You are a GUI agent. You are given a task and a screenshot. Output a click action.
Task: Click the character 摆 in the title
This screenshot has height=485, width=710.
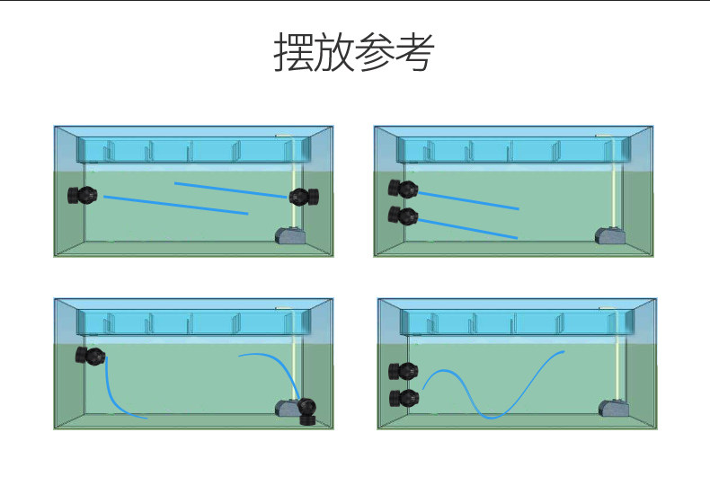tap(293, 54)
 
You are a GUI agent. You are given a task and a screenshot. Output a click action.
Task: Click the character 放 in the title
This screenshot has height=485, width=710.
tap(333, 54)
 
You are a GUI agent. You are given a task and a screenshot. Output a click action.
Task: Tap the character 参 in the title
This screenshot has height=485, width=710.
tap(374, 54)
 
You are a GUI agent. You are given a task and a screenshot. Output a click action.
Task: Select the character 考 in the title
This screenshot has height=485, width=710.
tap(414, 54)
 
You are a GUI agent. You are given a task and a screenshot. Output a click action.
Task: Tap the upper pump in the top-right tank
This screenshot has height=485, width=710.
tap(404, 189)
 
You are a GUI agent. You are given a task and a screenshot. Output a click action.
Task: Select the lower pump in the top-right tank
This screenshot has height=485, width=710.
tap(404, 216)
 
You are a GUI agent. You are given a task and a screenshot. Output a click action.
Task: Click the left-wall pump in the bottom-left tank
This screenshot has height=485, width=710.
tap(91, 356)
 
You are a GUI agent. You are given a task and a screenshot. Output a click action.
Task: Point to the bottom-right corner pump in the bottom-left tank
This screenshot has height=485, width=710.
tap(306, 409)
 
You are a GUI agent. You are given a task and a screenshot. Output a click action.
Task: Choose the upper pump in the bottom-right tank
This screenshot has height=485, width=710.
tap(405, 371)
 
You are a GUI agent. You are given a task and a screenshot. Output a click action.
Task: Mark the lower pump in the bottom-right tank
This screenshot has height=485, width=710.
tap(405, 398)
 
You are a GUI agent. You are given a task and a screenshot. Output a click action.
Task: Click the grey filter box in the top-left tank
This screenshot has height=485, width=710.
tap(289, 235)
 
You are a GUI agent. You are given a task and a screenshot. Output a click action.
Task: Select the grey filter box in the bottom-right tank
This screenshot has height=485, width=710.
tap(612, 409)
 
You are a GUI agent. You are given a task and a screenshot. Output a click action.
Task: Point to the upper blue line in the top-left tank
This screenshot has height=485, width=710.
tap(230, 190)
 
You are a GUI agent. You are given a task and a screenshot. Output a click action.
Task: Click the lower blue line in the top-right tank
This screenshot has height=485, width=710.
tap(467, 228)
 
